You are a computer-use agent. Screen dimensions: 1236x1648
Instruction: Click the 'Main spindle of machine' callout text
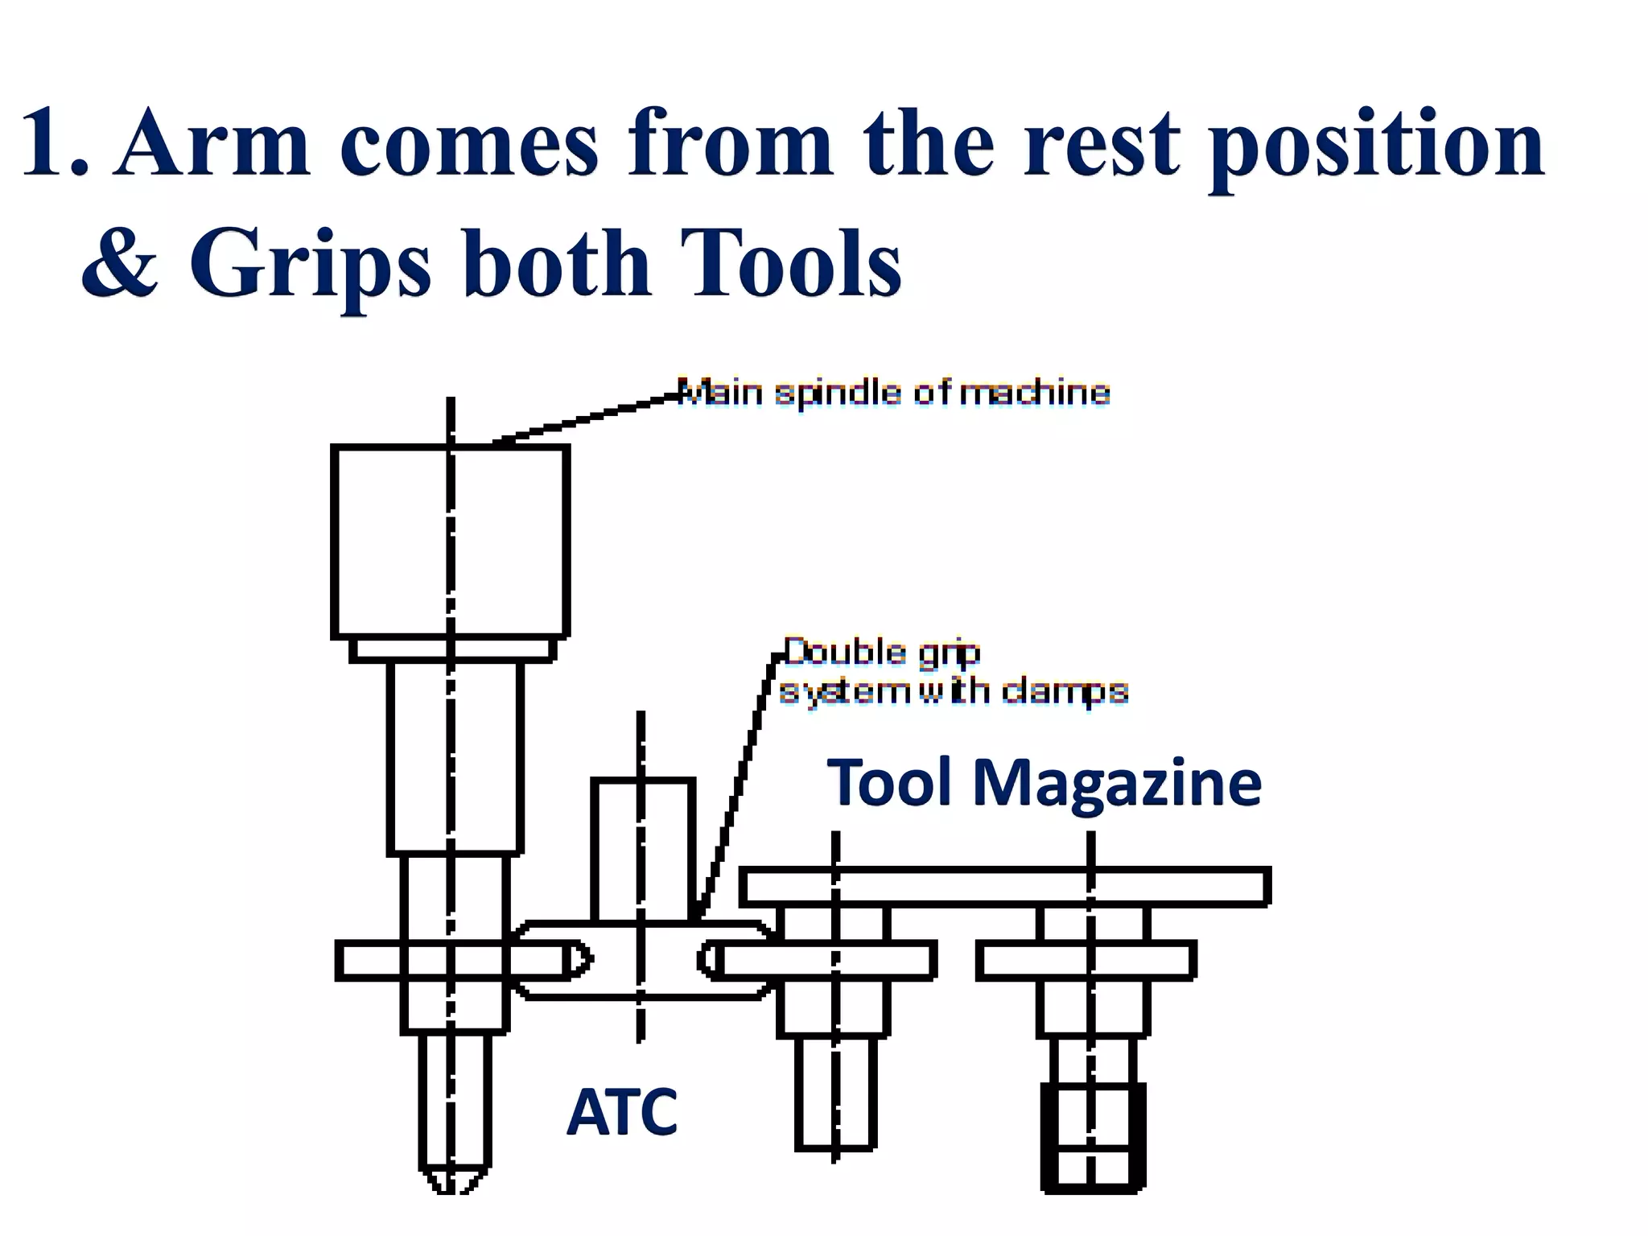pos(893,393)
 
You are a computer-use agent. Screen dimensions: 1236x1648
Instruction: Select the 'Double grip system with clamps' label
pos(954,672)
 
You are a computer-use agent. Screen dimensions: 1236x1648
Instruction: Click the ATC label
pos(621,1112)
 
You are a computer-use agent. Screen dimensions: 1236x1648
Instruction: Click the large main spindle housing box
pos(451,541)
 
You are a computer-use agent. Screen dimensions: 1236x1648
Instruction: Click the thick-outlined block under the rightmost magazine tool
pos(1093,1137)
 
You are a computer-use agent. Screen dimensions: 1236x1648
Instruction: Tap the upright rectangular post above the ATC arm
pos(643,848)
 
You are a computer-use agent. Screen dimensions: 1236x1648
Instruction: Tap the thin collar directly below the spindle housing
pos(452,649)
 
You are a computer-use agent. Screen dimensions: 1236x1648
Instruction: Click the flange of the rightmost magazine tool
pos(1086,961)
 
